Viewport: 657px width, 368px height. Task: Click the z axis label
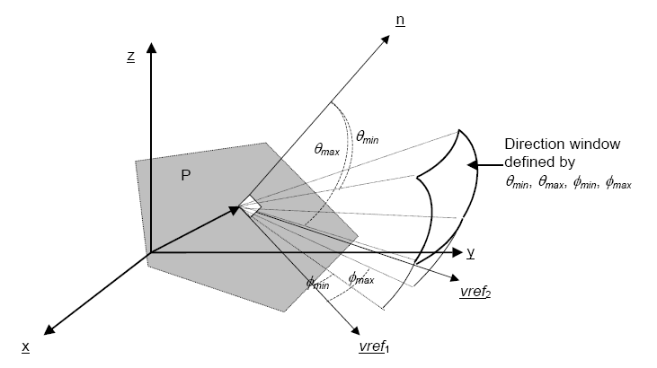click(130, 57)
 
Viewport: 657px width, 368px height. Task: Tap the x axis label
click(25, 346)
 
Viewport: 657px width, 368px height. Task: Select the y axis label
click(471, 252)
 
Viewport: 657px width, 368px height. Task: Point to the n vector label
click(400, 20)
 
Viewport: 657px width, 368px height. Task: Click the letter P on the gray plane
click(186, 175)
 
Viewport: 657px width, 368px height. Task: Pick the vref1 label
click(374, 346)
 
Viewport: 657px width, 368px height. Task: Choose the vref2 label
click(475, 292)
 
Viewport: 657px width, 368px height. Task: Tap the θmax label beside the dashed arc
click(326, 149)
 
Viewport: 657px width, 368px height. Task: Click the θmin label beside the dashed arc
click(367, 137)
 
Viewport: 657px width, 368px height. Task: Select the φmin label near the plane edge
click(317, 283)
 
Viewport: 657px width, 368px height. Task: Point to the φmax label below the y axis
click(361, 277)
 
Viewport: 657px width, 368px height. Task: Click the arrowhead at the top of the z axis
click(152, 47)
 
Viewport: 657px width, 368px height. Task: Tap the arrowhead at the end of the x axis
click(49, 329)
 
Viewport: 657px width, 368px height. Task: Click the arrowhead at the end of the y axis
click(457, 252)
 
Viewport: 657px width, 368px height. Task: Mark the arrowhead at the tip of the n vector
click(386, 39)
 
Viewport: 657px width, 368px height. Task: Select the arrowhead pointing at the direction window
click(472, 165)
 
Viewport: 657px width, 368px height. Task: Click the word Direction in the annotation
click(532, 144)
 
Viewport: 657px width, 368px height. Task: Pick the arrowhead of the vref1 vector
click(355, 330)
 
